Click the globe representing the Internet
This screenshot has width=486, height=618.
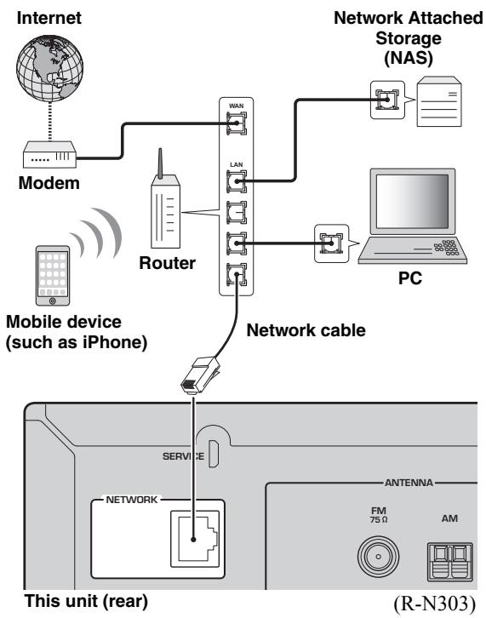coord(49,68)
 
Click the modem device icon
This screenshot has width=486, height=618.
coord(49,154)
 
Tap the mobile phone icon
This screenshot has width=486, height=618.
coord(53,275)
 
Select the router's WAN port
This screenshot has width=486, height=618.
coord(236,123)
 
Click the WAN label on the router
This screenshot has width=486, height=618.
coord(236,106)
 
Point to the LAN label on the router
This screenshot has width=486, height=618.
coord(236,164)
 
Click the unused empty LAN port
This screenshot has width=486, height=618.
coord(236,212)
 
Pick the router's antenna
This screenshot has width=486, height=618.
coord(160,163)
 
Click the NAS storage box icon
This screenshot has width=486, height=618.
coord(439,101)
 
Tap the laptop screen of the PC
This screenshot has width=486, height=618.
coord(412,201)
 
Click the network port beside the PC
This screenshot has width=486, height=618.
coord(331,243)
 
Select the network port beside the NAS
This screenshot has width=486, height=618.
coord(387,100)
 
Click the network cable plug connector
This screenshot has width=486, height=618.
coord(199,375)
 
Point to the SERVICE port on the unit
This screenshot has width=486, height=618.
coord(214,454)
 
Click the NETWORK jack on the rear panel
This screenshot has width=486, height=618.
coord(195,538)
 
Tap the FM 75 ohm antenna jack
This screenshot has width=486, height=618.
coord(378,557)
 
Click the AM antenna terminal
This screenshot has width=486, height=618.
coord(449,561)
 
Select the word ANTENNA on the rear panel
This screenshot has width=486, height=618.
coord(409,483)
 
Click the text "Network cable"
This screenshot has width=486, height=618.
coord(306,330)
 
